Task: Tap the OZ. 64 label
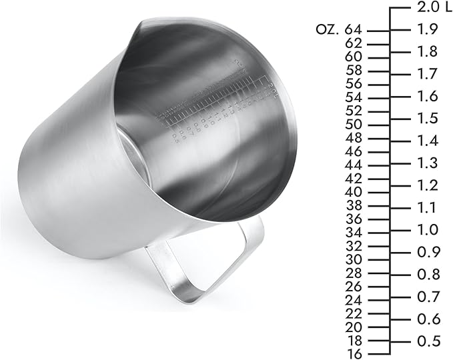pyautogui.click(x=340, y=30)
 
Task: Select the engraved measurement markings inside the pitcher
pyautogui.click(x=213, y=107)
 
